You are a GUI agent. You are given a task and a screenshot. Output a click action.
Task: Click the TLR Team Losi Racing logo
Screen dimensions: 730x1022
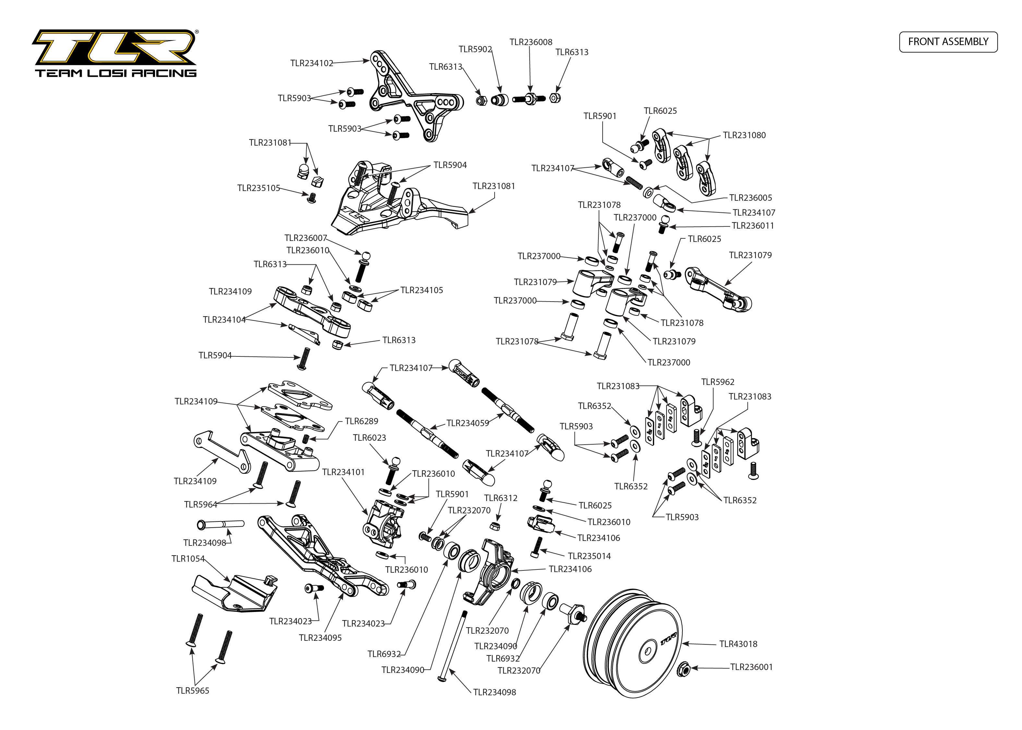[115, 53]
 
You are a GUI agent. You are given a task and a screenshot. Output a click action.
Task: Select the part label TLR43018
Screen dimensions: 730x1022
[738, 644]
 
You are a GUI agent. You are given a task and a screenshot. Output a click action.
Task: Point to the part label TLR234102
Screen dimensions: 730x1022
[311, 63]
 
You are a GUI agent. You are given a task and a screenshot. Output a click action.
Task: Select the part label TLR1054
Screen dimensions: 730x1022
[188, 559]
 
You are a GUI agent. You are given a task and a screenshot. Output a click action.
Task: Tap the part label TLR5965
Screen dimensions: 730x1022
[192, 690]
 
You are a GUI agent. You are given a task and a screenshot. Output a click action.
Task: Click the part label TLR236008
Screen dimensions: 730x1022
[531, 42]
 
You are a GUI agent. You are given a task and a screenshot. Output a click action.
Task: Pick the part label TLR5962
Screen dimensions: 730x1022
[717, 382]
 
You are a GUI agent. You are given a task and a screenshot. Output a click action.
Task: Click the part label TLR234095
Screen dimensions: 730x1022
[320, 638]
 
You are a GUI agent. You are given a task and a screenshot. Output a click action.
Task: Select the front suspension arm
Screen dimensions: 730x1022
[321, 557]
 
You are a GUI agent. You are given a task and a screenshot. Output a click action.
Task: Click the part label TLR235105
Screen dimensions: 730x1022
[259, 188]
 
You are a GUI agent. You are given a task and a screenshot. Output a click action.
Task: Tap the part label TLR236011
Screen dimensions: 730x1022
[752, 226]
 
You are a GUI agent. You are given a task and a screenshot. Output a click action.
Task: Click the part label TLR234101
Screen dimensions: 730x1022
[343, 472]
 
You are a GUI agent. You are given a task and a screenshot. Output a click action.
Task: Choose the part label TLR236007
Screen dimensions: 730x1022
[306, 238]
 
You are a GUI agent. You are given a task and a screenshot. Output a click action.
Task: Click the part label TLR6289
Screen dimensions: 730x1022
[361, 421]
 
